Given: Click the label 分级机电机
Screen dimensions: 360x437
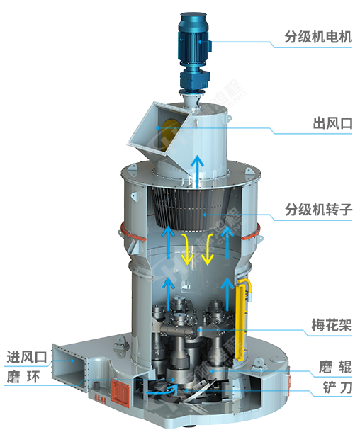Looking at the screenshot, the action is tap(318, 37).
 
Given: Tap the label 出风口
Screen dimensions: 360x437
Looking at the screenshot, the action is tap(332, 123).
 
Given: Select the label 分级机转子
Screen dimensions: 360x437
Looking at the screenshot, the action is tap(318, 210).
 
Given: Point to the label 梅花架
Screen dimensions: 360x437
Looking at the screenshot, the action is tap(332, 325).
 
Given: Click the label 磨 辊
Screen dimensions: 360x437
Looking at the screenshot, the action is tap(335, 367).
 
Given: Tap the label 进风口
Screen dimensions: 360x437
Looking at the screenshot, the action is tap(27, 357).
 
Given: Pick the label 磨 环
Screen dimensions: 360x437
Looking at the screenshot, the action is tap(23, 377).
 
